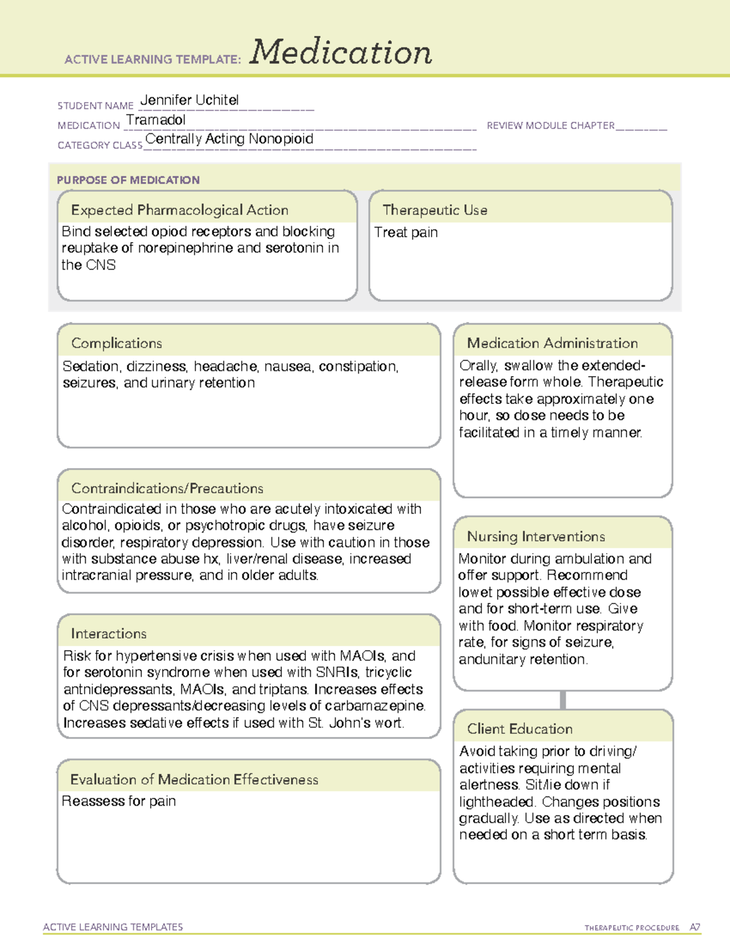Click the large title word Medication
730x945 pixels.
[340, 52]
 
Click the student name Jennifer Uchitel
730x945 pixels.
[189, 100]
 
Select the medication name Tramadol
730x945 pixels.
[156, 120]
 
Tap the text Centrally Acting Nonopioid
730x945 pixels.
[229, 139]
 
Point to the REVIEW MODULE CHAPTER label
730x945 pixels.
[551, 125]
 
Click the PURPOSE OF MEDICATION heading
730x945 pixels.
[128, 180]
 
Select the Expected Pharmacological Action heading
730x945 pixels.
[179, 210]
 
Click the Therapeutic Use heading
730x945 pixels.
[435, 210]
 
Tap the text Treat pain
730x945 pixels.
[406, 232]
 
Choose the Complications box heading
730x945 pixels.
[117, 343]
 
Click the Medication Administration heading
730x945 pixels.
[552, 343]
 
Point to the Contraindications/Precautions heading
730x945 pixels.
[167, 488]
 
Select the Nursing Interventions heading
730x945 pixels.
[536, 536]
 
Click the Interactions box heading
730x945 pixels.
[109, 633]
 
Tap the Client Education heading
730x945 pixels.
[520, 728]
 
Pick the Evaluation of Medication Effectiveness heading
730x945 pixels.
[194, 779]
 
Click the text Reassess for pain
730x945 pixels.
[119, 801]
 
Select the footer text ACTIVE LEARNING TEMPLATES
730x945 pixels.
[113, 927]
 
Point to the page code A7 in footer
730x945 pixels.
[695, 927]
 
